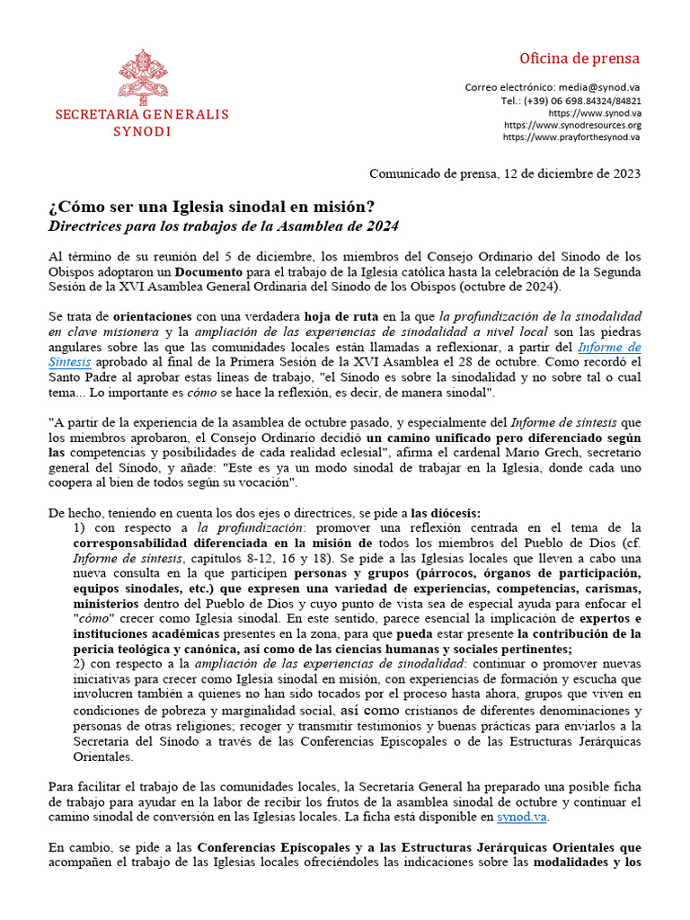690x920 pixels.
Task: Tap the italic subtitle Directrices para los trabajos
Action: click(223, 226)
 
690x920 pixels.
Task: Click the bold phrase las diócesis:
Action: click(452, 513)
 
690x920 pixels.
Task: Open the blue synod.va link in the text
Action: click(523, 818)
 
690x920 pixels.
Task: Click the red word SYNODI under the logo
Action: click(142, 131)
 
